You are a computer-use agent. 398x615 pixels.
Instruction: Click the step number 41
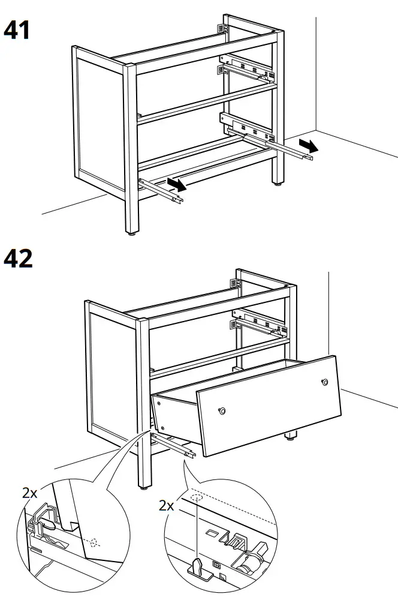17,30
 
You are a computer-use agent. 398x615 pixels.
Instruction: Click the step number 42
18,259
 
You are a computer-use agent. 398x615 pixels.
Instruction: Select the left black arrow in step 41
176,184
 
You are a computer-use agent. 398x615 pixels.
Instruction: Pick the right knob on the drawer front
324,382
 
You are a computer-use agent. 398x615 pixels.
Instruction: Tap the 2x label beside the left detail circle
30,493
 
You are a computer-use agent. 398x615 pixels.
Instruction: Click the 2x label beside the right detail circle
167,505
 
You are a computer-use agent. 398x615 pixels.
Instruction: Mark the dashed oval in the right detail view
197,497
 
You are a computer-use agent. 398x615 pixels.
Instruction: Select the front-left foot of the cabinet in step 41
131,230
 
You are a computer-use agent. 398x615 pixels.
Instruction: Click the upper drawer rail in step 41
246,69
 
